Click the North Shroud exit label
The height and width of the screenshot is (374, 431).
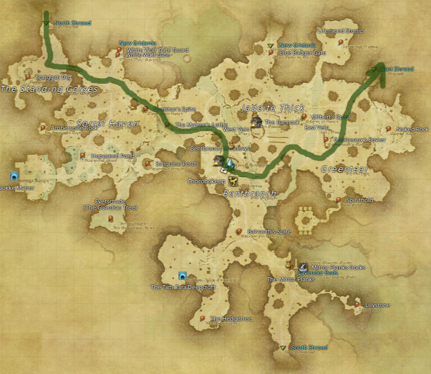(73, 23)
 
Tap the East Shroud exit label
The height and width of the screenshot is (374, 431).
(398, 69)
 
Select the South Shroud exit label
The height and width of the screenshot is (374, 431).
(309, 348)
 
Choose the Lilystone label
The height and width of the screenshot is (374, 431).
(377, 305)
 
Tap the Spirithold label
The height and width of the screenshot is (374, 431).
(360, 200)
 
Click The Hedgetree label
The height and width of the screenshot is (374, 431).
(231, 319)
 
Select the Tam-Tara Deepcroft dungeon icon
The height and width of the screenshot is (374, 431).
(182, 275)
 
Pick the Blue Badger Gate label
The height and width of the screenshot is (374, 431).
(303, 53)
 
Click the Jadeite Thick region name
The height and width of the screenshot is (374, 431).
(272, 108)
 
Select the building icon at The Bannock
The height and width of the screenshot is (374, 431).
(257, 121)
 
